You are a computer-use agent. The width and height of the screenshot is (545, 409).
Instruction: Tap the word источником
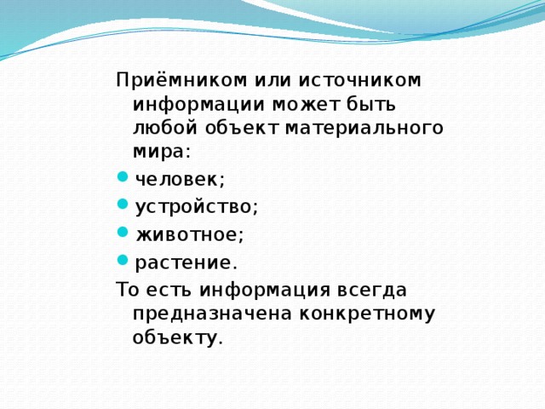click(359, 80)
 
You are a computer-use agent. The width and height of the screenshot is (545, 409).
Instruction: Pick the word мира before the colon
click(158, 153)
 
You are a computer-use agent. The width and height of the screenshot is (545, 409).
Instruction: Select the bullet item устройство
click(196, 205)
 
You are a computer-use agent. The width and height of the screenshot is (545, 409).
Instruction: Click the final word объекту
click(176, 337)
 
